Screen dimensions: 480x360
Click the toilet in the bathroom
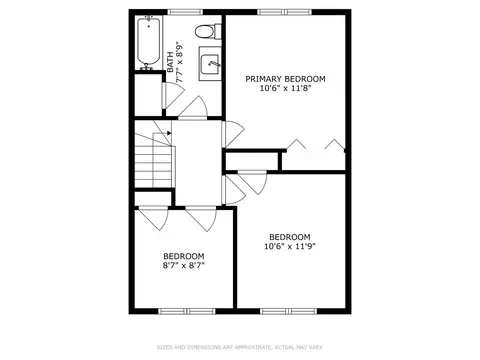[x=208, y=31]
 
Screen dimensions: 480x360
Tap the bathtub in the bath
[x=148, y=43]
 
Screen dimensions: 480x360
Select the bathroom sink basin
[x=210, y=64]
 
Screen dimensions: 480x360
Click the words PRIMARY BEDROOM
[x=285, y=79]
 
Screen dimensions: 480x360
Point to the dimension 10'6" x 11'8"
[x=285, y=88]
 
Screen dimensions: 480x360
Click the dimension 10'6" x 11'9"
[x=290, y=246]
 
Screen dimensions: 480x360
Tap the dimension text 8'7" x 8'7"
[x=184, y=266]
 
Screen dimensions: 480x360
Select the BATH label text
[x=170, y=62]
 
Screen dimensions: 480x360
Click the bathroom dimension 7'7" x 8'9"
[x=180, y=62]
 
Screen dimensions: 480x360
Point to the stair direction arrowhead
[x=169, y=133]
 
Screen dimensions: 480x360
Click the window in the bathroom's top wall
[x=185, y=12]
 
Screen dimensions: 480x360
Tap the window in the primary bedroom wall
[x=285, y=12]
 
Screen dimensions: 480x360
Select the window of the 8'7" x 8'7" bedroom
[x=187, y=311]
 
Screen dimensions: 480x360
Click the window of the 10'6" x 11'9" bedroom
[x=289, y=311]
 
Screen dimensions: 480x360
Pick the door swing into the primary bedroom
[x=233, y=134]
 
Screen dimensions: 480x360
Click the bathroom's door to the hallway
[x=193, y=107]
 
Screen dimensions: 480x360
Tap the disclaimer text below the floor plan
[x=240, y=347]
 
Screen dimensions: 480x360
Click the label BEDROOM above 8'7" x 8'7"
[x=184, y=256]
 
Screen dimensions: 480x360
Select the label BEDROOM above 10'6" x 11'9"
[x=290, y=237]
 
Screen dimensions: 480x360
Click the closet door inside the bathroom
[x=173, y=95]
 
